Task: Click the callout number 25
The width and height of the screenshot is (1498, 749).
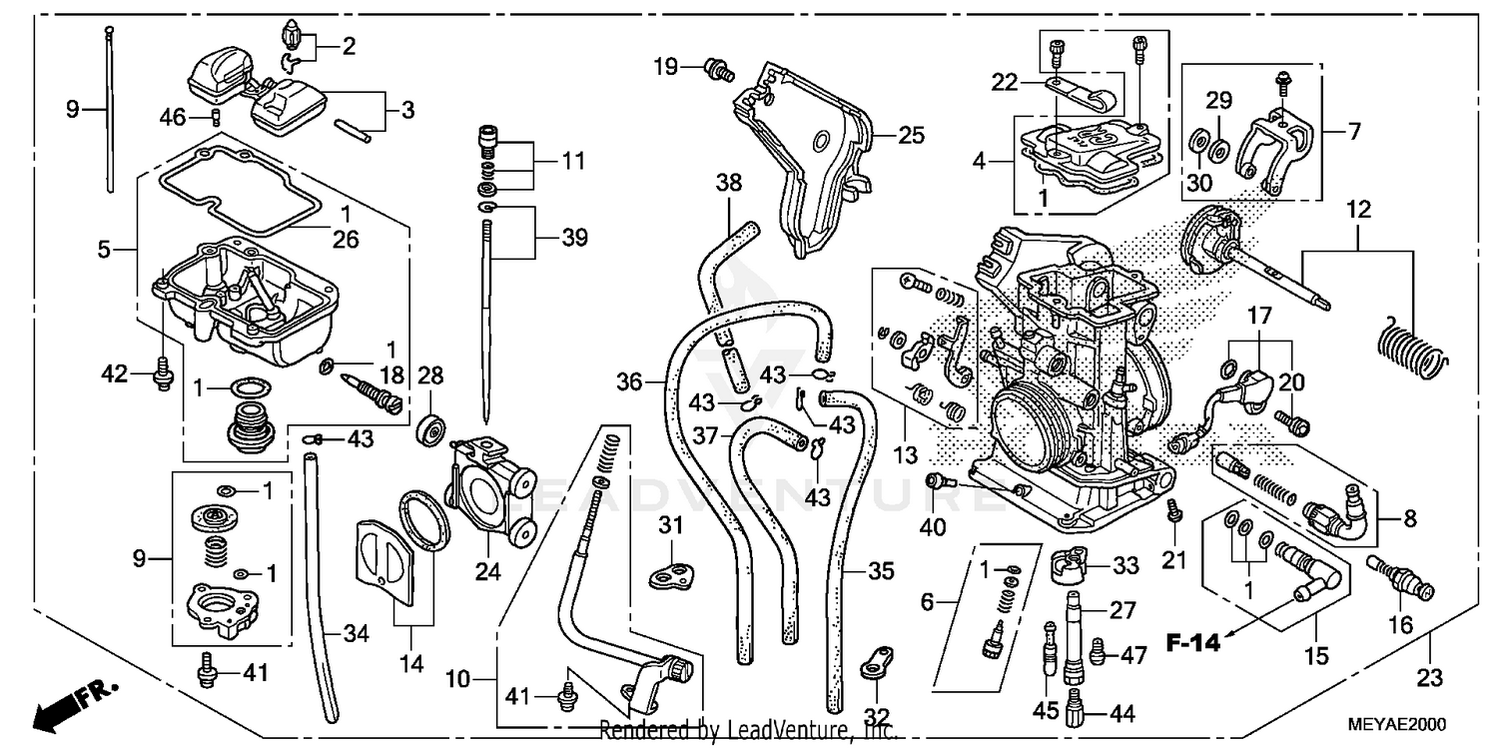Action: (911, 135)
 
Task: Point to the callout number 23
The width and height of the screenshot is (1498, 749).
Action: (1430, 678)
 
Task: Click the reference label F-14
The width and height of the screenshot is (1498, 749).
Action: (1193, 644)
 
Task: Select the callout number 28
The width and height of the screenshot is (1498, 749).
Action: (429, 375)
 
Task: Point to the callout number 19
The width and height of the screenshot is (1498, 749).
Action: (666, 67)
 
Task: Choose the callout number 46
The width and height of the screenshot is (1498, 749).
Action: (174, 117)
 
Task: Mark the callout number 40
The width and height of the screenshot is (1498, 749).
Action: (932, 527)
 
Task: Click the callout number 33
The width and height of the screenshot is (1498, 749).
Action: (1125, 566)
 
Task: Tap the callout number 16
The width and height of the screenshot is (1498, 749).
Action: (1401, 626)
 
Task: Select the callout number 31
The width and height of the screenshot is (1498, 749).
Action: (670, 525)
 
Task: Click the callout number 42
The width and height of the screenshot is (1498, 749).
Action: (116, 374)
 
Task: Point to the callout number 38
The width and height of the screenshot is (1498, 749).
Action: (729, 183)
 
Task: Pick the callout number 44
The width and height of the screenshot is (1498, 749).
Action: (1123, 714)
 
